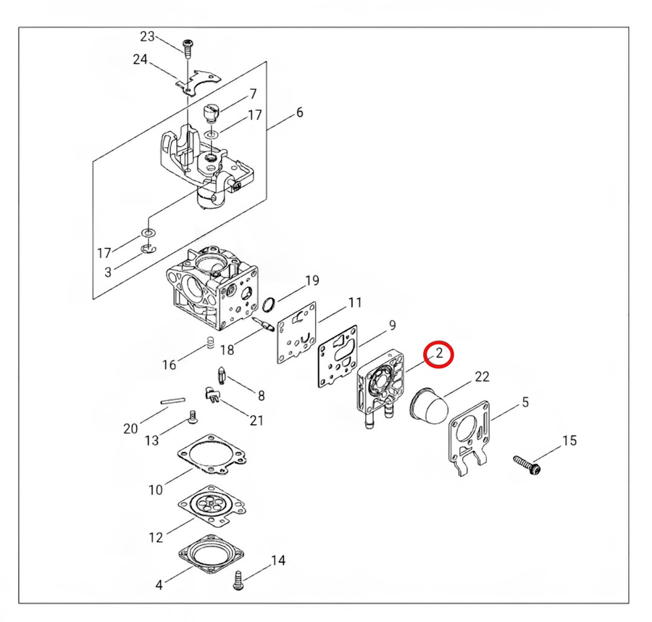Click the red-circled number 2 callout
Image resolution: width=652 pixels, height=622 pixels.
(x=438, y=354)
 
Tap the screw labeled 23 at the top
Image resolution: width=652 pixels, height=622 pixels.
(x=188, y=49)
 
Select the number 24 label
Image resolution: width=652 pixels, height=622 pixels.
(x=140, y=59)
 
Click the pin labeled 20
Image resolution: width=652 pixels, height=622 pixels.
(x=172, y=401)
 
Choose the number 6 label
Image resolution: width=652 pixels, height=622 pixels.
(x=300, y=112)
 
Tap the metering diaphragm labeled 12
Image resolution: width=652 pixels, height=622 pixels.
(x=212, y=505)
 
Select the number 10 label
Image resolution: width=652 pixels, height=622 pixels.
(x=156, y=489)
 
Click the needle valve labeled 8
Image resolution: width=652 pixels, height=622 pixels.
(x=222, y=375)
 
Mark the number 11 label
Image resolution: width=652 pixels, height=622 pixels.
(x=355, y=302)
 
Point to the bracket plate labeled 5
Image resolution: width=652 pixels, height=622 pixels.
(x=469, y=439)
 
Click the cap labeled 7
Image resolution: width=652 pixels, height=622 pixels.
(x=211, y=113)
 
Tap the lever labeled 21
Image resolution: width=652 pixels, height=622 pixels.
(x=212, y=394)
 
